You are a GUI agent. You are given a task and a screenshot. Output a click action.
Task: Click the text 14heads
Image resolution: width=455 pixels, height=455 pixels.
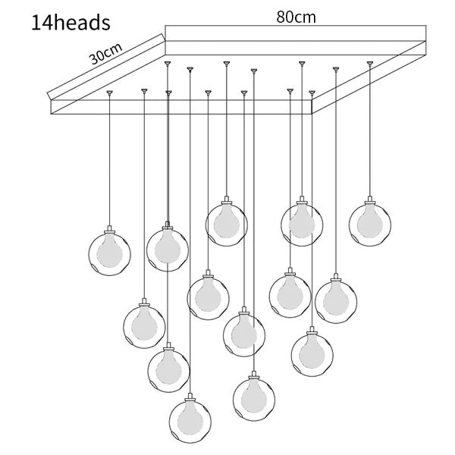tap(71, 23)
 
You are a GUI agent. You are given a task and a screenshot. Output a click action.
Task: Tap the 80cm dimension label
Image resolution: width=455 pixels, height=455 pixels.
tap(296, 17)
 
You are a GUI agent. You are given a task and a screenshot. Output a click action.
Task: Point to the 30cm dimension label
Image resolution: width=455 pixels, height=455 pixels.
tap(106, 54)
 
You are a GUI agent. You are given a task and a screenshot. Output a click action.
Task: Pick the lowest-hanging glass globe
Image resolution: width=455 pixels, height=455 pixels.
tap(190, 422)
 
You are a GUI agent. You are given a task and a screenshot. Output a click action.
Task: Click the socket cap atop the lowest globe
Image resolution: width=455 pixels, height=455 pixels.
tap(190, 397)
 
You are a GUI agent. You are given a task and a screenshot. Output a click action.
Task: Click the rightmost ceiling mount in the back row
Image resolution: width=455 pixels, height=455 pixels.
tap(370, 63)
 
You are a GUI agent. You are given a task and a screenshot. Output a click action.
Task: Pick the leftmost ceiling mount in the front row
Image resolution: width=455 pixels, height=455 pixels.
tap(109, 93)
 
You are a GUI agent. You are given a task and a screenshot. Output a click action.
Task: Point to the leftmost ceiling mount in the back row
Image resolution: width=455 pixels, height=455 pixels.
tap(168, 63)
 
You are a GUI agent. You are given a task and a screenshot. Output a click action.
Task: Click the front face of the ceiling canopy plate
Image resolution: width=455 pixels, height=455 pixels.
tap(181, 107)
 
